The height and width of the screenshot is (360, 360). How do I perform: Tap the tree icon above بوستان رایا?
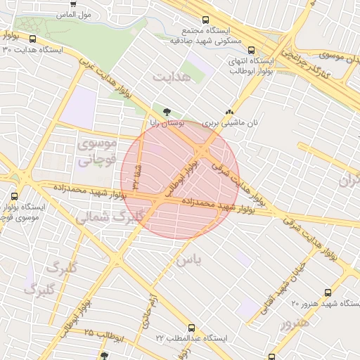167,111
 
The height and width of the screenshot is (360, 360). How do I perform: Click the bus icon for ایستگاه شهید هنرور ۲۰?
327,292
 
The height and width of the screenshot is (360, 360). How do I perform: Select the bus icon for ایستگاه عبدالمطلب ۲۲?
192,327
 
